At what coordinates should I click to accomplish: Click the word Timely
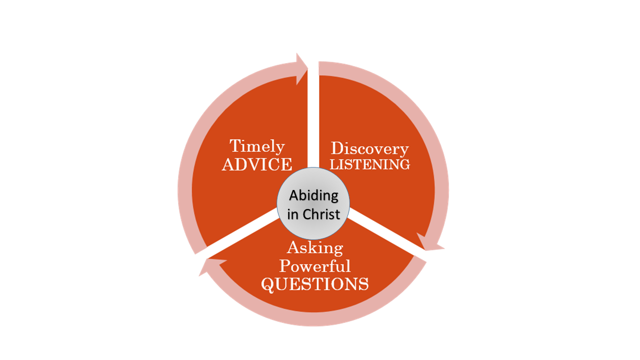click(x=257, y=146)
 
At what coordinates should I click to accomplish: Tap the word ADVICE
click(x=257, y=164)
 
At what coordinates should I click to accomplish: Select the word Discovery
click(x=370, y=148)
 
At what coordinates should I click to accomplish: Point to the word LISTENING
click(x=370, y=164)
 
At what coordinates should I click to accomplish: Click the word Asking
click(x=315, y=247)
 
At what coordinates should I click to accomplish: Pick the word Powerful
click(x=315, y=265)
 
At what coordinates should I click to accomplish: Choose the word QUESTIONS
click(x=315, y=284)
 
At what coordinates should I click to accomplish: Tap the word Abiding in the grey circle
click(x=314, y=195)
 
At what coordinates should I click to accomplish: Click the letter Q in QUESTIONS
click(x=268, y=284)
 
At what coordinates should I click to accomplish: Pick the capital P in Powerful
click(x=285, y=265)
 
